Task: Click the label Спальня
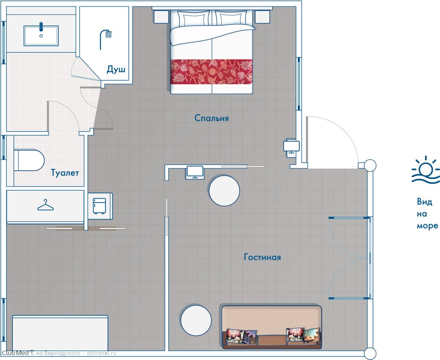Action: pyautogui.click(x=211, y=118)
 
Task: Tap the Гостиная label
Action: pyautogui.click(x=262, y=257)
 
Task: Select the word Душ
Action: pyautogui.click(x=116, y=69)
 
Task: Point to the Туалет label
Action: pyautogui.click(x=65, y=172)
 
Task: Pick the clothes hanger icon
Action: pyautogui.click(x=46, y=205)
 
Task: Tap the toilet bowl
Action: pyautogui.click(x=29, y=160)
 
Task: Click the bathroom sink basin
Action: pyautogui.click(x=41, y=35)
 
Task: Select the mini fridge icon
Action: pyautogui.click(x=100, y=206)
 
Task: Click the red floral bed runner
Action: pyautogui.click(x=211, y=72)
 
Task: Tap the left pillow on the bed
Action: pyautogui.click(x=193, y=20)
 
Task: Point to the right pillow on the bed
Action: pyautogui.click(x=231, y=20)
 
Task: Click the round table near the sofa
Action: pyautogui.click(x=196, y=320)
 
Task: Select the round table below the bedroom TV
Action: pyautogui.click(x=224, y=191)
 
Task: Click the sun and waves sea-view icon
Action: pyautogui.click(x=426, y=170)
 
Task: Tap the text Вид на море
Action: pyautogui.click(x=427, y=214)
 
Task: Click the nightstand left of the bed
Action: pyautogui.click(x=161, y=17)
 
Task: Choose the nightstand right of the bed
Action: pyautogui.click(x=262, y=17)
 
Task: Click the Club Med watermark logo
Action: pyautogui.click(x=18, y=353)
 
